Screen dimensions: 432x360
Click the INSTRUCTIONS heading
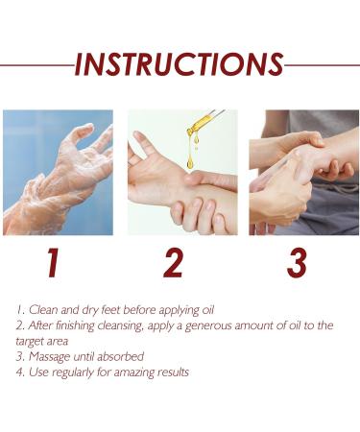[x=180, y=64]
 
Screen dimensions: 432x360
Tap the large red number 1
[x=53, y=262]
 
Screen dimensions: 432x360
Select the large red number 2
[x=173, y=262]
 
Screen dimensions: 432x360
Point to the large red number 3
[x=298, y=262]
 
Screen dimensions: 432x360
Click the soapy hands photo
[x=58, y=173]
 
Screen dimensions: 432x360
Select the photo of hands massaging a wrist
[x=303, y=173]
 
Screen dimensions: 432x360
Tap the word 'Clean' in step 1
[x=42, y=310]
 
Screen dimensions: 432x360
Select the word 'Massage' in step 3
[x=50, y=356]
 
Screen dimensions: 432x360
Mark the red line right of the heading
[x=323, y=65]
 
